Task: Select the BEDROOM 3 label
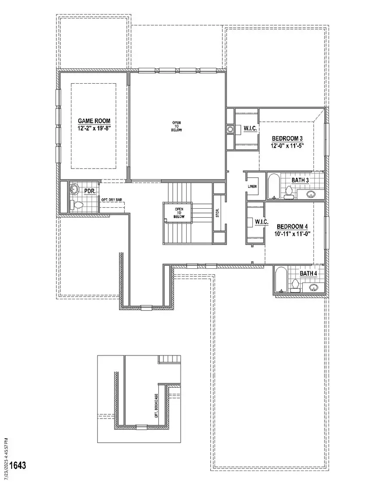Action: coord(287,139)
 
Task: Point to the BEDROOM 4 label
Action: coord(292,227)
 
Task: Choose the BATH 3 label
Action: coord(300,180)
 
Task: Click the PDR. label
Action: coord(89,191)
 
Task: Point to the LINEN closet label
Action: coord(252,187)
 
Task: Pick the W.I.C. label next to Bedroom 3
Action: coord(251,128)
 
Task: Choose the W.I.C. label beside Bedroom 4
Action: coord(261,222)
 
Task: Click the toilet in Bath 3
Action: coord(289,193)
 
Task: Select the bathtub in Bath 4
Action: coord(280,281)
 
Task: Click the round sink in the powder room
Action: coord(75,189)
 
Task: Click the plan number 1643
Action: coord(18,465)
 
